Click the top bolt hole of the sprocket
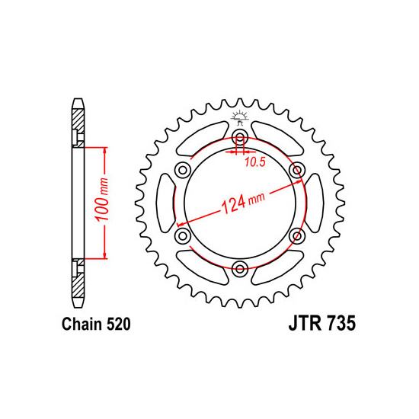240,138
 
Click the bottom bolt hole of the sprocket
240,269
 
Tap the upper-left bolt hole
183,170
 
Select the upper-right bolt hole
297,170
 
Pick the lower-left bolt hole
183,236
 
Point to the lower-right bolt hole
297,236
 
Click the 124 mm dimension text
243,203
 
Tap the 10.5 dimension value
255,162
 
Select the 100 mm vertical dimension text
102,199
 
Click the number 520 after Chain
119,324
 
